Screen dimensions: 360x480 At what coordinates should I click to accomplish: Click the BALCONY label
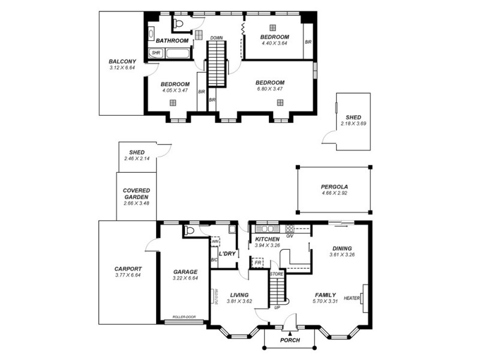[122, 61]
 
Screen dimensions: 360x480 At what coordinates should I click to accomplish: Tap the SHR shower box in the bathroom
[155, 53]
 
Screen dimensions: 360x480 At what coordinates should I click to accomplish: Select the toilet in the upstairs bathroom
[178, 24]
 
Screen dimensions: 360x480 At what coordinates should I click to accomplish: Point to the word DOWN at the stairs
[217, 38]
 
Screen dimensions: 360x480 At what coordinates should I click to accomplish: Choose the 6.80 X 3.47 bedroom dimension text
[269, 89]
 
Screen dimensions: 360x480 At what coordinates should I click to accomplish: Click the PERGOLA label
[334, 187]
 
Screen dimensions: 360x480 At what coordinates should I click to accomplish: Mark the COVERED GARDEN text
[136, 193]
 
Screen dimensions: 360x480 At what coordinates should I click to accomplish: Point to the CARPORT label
[128, 269]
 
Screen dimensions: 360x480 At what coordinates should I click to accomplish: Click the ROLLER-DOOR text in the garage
[184, 317]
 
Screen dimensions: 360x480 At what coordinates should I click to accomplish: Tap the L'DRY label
[228, 254]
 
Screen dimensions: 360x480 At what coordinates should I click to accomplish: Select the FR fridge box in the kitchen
[257, 263]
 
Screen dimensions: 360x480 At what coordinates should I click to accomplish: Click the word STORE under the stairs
[276, 274]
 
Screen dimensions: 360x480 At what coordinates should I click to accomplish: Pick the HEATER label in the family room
[352, 298]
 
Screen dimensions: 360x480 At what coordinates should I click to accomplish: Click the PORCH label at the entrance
[290, 340]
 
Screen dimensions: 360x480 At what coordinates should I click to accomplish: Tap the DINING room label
[342, 248]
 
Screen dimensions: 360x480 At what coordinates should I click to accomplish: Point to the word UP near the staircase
[277, 307]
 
